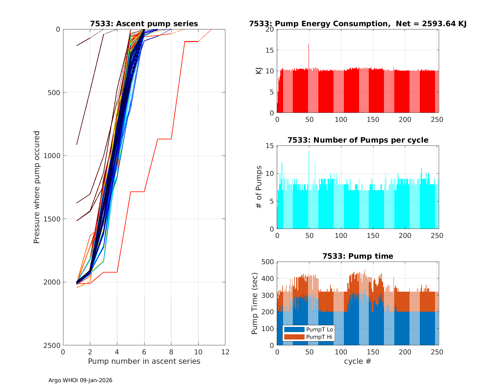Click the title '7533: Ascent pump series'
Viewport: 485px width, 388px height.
pyautogui.click(x=144, y=24)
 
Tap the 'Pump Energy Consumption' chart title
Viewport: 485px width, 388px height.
pyautogui.click(x=358, y=24)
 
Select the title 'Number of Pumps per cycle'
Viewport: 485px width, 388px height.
pyautogui.click(x=358, y=140)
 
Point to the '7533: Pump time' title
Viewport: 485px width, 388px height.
pyautogui.click(x=358, y=256)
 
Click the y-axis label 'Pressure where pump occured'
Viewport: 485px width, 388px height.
pyautogui.click(x=37, y=187)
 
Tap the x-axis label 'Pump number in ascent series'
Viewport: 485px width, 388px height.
pyautogui.click(x=144, y=361)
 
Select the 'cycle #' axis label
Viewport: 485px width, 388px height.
pyautogui.click(x=358, y=361)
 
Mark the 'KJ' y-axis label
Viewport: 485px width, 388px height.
pyautogui.click(x=259, y=71)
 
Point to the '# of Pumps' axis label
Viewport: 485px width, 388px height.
pyautogui.click(x=259, y=187)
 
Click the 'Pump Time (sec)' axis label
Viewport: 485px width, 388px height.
pyautogui.click(x=255, y=303)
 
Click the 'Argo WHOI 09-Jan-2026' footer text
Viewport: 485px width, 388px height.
pyautogui.click(x=80, y=380)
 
